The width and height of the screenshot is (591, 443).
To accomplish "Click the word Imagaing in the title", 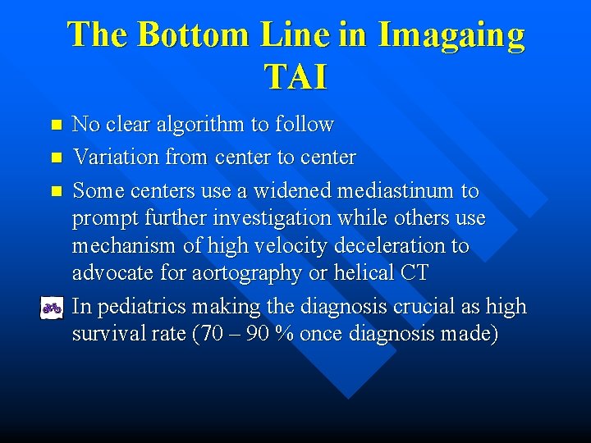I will [451, 35].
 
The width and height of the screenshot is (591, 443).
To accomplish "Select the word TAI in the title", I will [295, 77].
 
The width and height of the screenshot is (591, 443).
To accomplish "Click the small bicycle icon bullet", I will [53, 308].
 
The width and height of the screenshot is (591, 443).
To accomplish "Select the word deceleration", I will [389, 245].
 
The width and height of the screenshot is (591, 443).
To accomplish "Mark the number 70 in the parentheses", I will [210, 336].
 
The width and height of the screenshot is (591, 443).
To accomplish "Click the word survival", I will [107, 336].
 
